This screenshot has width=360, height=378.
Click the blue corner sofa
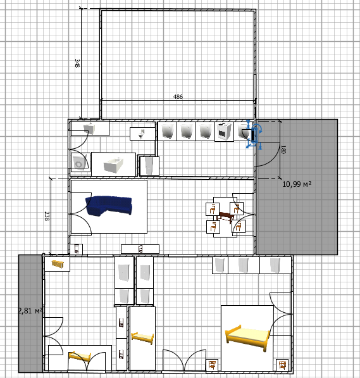(108, 206)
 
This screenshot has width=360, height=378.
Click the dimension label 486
(178, 97)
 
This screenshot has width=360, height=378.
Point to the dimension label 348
(77, 63)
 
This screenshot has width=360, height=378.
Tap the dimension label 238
(47, 217)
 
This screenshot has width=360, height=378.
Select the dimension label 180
(283, 149)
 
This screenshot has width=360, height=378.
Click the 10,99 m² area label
(297, 184)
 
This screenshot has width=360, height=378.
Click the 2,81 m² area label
(30, 311)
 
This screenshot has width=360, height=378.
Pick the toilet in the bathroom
(142, 134)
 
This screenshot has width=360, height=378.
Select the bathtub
(113, 165)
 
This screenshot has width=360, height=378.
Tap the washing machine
(80, 162)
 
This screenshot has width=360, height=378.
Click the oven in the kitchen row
(224, 132)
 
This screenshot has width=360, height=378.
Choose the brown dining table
(225, 217)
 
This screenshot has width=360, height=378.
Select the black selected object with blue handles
(253, 135)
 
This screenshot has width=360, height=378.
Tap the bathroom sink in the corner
(89, 129)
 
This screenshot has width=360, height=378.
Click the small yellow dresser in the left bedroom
(58, 264)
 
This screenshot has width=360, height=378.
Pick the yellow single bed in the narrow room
(142, 337)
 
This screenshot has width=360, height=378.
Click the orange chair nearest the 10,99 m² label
(237, 208)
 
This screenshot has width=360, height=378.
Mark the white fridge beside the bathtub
(149, 166)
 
